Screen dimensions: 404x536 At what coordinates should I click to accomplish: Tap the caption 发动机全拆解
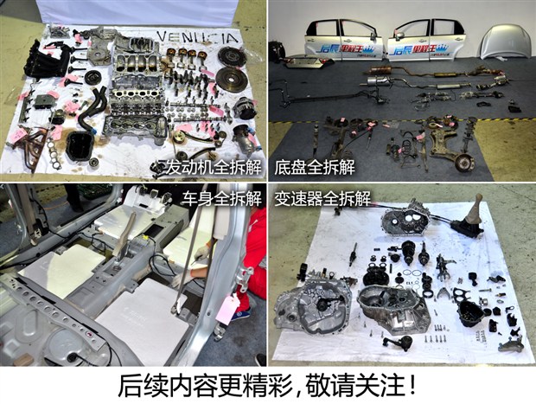coord(207,167)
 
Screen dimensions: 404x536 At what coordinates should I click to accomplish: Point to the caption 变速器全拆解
coord(321,197)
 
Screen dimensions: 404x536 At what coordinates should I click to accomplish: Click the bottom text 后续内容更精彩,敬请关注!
coord(268,384)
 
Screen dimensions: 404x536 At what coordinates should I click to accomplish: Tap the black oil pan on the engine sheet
coord(80,146)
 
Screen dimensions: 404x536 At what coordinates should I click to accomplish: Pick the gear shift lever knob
coord(475,208)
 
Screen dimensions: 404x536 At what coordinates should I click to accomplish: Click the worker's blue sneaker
coord(260,359)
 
